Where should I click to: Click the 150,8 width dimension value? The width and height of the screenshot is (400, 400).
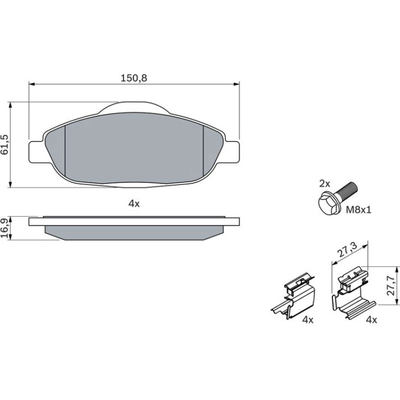134,78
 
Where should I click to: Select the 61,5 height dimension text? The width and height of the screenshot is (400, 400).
5,144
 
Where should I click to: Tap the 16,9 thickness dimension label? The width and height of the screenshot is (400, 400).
5,228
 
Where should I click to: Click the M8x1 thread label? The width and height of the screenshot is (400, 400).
358,210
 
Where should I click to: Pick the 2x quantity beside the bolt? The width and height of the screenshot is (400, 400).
325,183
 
